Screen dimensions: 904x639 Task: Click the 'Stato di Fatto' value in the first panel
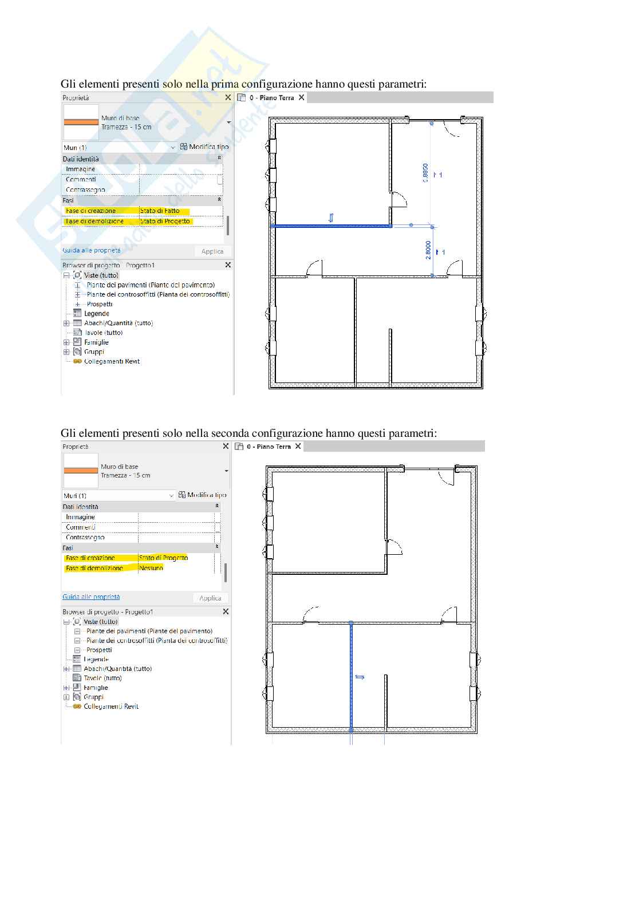[160, 211]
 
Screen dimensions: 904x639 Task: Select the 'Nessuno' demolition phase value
[151, 568]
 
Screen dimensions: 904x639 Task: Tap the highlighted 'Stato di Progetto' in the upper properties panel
[165, 221]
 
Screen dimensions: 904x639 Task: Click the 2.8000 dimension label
[428, 250]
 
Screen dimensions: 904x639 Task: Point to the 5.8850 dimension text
[425, 173]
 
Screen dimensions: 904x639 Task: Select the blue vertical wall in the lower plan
[351, 676]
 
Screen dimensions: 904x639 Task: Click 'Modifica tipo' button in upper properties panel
[204, 147]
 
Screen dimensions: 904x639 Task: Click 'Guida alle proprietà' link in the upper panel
[92, 250]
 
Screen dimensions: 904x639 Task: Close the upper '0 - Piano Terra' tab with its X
[301, 98]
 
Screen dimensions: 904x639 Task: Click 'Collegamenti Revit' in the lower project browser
[111, 706]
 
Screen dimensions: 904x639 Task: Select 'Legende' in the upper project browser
[96, 314]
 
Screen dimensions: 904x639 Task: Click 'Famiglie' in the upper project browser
[96, 342]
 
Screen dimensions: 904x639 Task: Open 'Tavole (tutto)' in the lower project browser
[102, 678]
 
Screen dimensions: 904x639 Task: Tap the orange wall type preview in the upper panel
[81, 122]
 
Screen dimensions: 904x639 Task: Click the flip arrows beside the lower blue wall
[360, 677]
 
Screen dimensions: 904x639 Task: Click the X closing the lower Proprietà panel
[226, 447]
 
